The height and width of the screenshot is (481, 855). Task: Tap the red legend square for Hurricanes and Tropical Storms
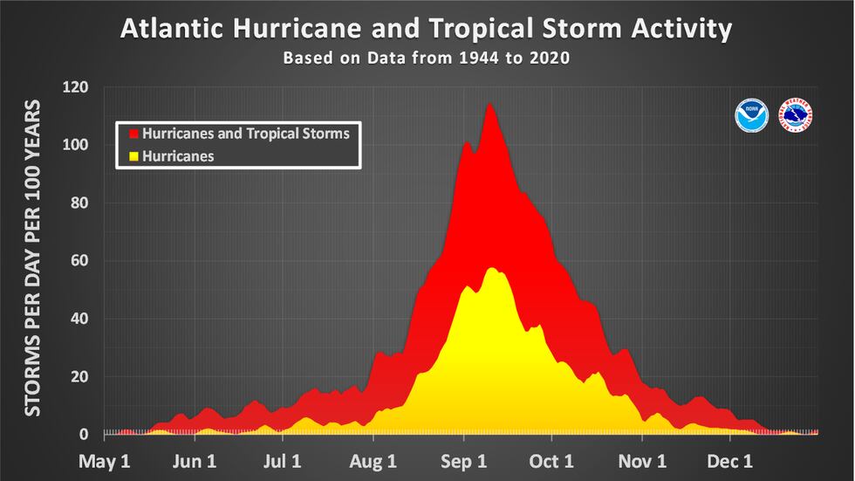(133, 134)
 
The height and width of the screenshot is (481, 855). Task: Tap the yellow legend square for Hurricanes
(133, 157)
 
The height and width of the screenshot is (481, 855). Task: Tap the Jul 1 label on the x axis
(284, 459)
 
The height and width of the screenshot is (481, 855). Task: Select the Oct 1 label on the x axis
(551, 459)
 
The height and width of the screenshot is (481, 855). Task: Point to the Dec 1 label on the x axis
(730, 459)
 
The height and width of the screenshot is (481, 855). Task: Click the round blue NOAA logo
(751, 116)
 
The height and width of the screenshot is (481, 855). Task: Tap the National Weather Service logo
(795, 116)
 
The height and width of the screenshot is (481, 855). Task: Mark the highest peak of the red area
(489, 105)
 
